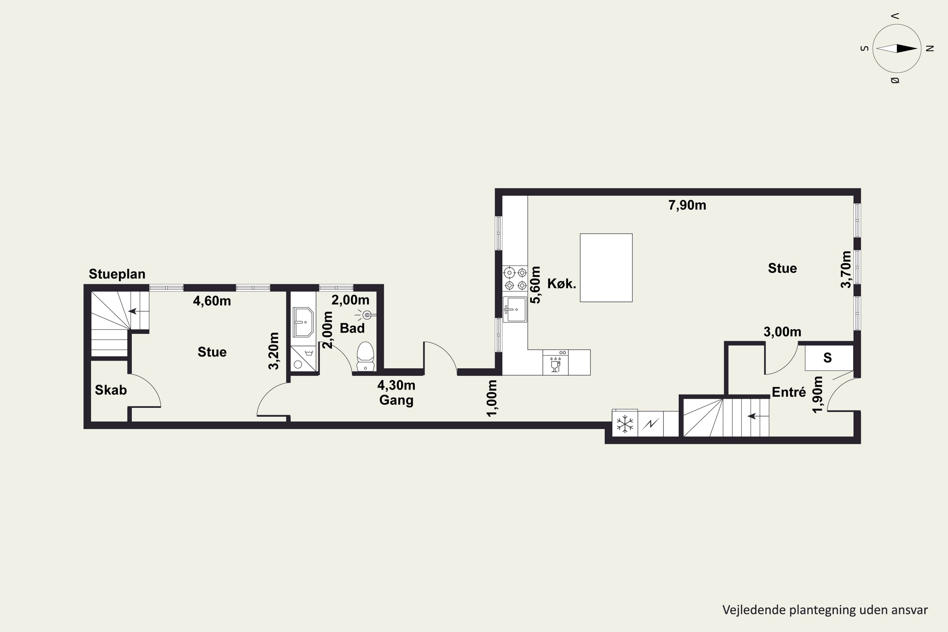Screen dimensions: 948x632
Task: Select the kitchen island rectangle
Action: pos(606,268)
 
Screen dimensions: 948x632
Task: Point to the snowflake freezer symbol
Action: pos(625,424)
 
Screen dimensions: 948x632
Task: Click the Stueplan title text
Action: pos(117,274)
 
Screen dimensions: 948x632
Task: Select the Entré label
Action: pos(789,392)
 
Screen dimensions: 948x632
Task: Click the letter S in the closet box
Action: pos(828,357)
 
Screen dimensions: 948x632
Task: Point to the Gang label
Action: pos(396,400)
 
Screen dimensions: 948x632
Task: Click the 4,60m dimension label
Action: pos(212,301)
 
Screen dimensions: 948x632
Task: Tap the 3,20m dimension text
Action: pos(274,351)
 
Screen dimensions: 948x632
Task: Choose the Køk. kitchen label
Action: pos(562,284)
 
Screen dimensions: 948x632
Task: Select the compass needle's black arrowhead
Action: pos(907,48)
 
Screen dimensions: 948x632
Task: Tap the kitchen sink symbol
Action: pos(515,310)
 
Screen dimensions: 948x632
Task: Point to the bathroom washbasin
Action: pos(303,322)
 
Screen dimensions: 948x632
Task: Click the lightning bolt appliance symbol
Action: pos(650,424)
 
